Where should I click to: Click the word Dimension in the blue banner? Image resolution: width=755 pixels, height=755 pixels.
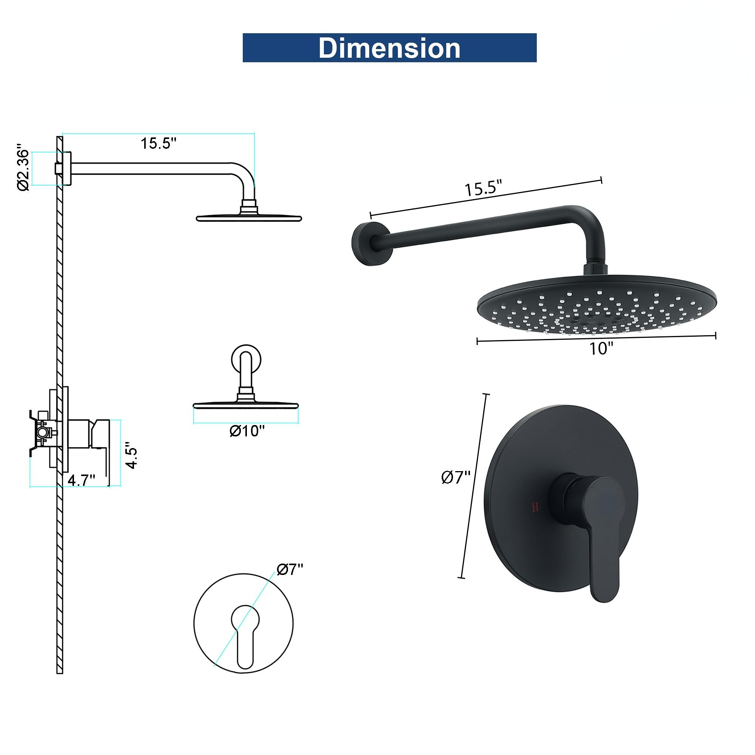point(389,48)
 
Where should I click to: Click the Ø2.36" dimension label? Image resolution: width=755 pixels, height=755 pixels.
point(23,169)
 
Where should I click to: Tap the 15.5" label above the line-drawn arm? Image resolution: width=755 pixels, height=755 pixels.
point(159,143)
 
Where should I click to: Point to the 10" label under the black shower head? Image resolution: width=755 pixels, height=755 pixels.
point(601,348)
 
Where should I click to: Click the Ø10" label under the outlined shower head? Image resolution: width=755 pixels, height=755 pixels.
point(247,431)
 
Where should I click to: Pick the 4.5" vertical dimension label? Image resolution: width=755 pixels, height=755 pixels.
point(132,455)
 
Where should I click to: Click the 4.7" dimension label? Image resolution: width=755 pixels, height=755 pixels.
point(81,479)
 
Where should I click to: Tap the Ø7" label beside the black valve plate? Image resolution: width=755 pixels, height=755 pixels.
point(456,478)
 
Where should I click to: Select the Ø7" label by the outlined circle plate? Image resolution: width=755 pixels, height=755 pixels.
point(290,570)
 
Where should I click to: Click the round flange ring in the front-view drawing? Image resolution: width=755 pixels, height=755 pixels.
point(246,359)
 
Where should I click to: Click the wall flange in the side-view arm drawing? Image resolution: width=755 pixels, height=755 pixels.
point(66,168)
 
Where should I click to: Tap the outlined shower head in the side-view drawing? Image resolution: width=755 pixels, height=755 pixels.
point(248,217)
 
